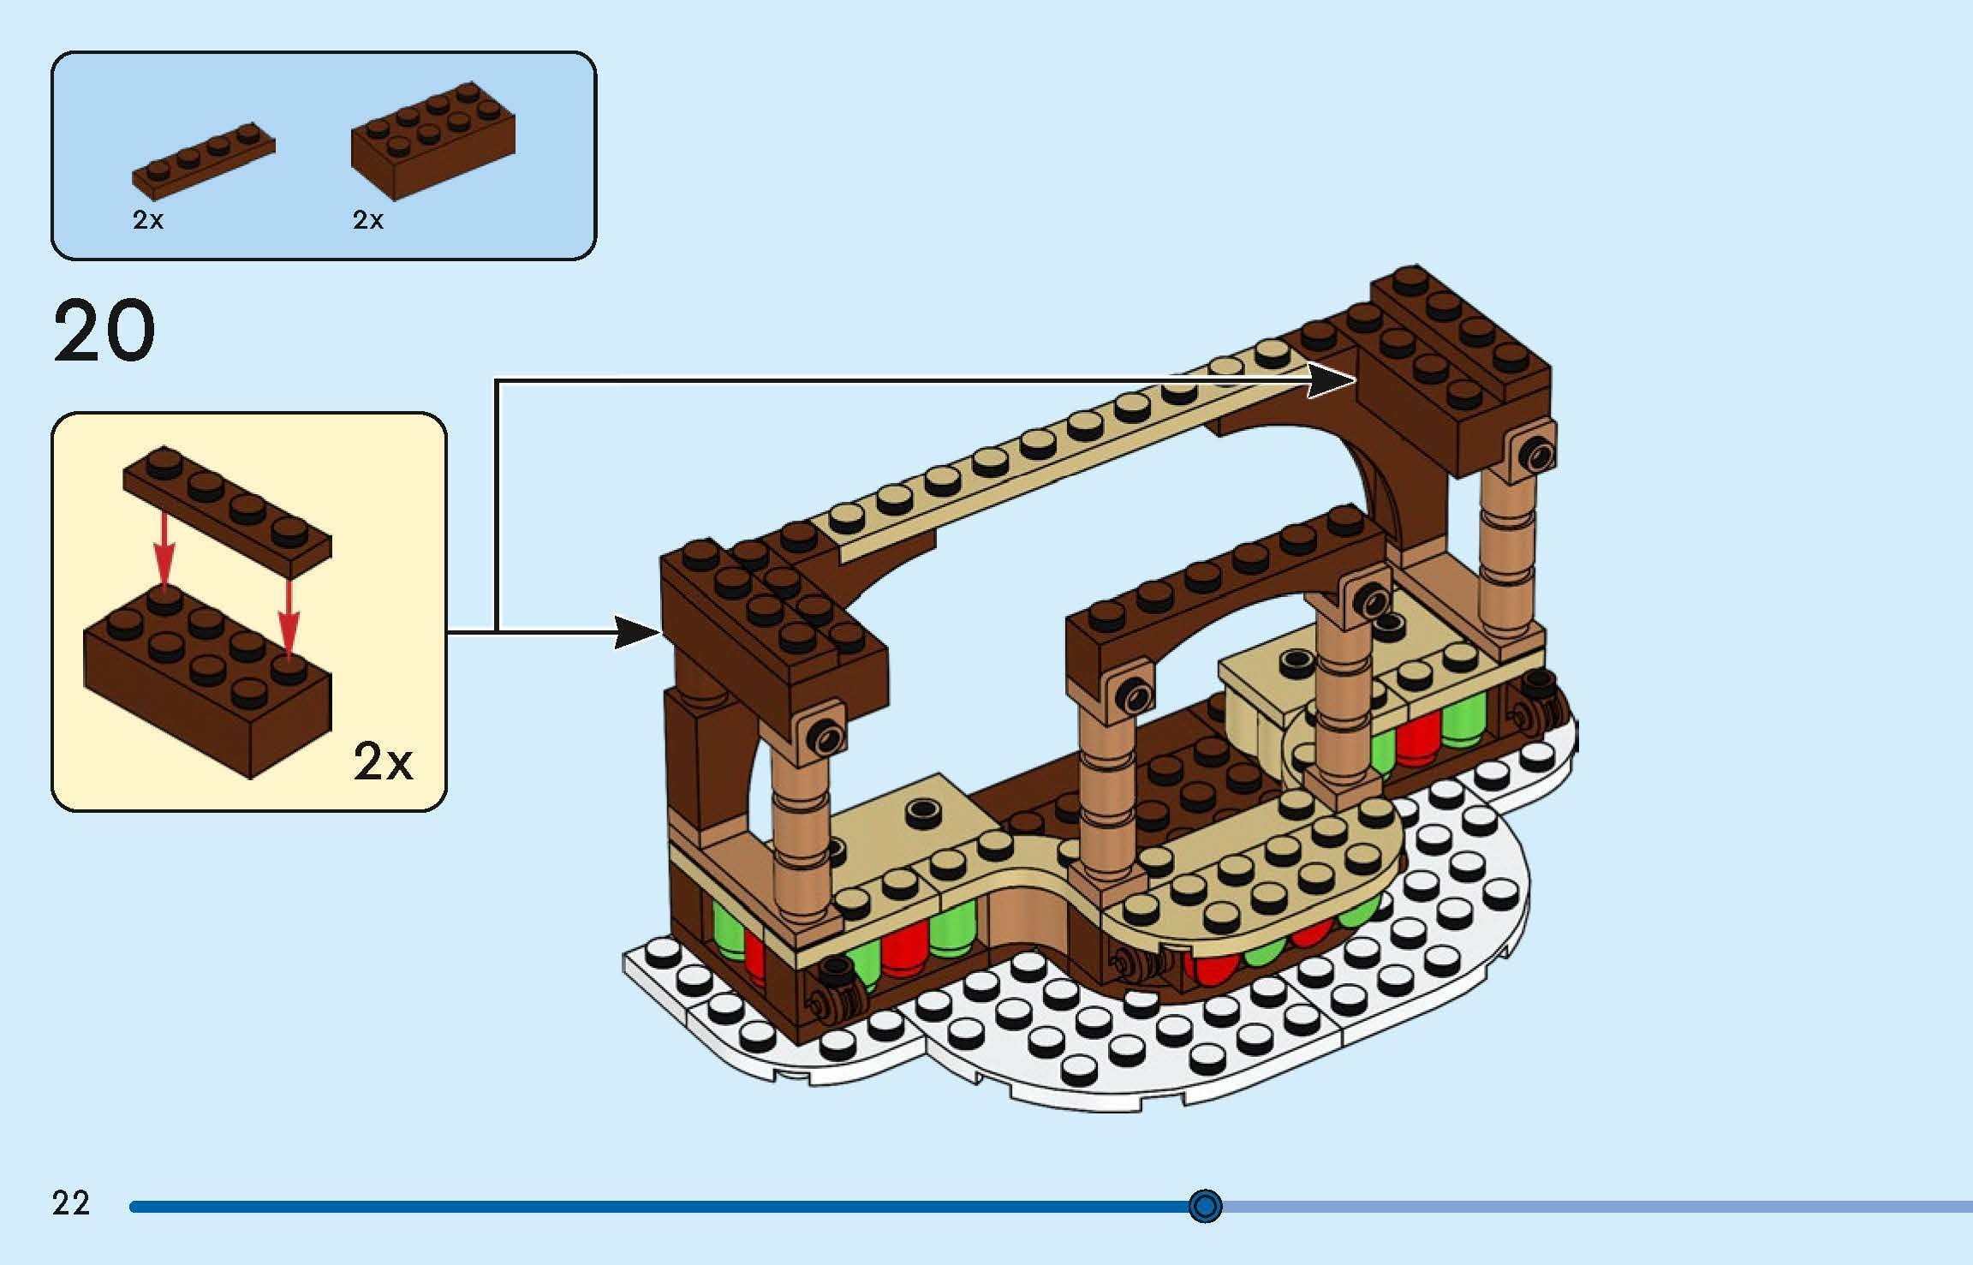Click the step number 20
point(104,331)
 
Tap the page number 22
point(71,1203)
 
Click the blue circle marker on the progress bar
point(1205,1206)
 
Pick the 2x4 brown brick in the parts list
point(432,140)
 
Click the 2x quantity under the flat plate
point(147,220)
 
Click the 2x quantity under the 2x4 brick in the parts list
point(368,220)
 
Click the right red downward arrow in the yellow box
point(289,613)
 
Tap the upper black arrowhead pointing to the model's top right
point(1332,380)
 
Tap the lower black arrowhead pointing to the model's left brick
point(637,633)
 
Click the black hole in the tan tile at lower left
point(922,809)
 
